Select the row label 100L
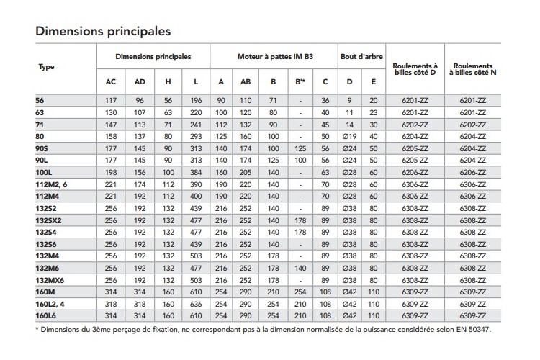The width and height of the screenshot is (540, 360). [x=45, y=174]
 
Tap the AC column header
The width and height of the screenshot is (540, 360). [x=111, y=81]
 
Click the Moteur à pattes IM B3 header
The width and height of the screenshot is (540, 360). [x=274, y=55]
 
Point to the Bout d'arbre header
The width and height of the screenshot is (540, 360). [x=361, y=55]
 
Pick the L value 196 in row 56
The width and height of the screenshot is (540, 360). [x=197, y=100]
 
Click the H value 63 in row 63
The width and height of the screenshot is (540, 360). [x=168, y=112]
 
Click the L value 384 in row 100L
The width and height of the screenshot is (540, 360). [x=197, y=174]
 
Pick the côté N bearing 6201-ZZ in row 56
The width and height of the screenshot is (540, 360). [x=474, y=100]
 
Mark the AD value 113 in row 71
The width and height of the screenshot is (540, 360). [x=140, y=125]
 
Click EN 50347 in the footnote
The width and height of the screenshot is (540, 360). [x=476, y=331]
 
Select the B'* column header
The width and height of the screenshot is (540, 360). [x=301, y=81]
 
